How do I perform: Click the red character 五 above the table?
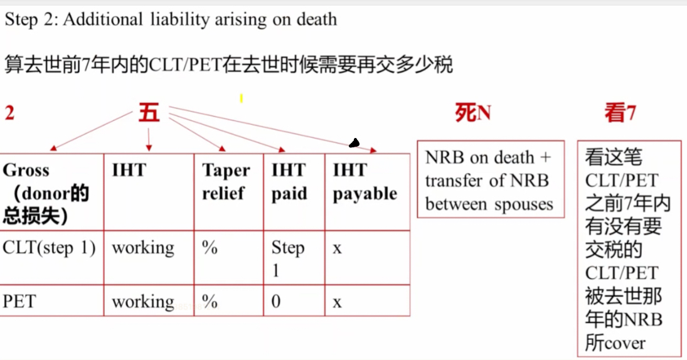pos(149,113)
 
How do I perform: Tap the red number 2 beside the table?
pos(9,113)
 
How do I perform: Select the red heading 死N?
pos(473,113)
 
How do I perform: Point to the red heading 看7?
pos(620,113)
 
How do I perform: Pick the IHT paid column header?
pos(289,181)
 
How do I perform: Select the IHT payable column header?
pos(365,182)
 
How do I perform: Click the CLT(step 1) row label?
pos(49,248)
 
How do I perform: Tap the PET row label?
pos(19,301)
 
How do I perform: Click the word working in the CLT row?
pos(143,248)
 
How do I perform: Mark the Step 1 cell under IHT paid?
pos(287,259)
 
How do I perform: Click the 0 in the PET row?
pos(276,301)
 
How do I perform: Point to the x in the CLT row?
pos(337,249)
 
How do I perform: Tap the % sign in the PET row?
pos(210,301)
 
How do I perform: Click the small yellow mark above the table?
pos(241,98)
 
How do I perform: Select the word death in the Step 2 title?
pos(317,19)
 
